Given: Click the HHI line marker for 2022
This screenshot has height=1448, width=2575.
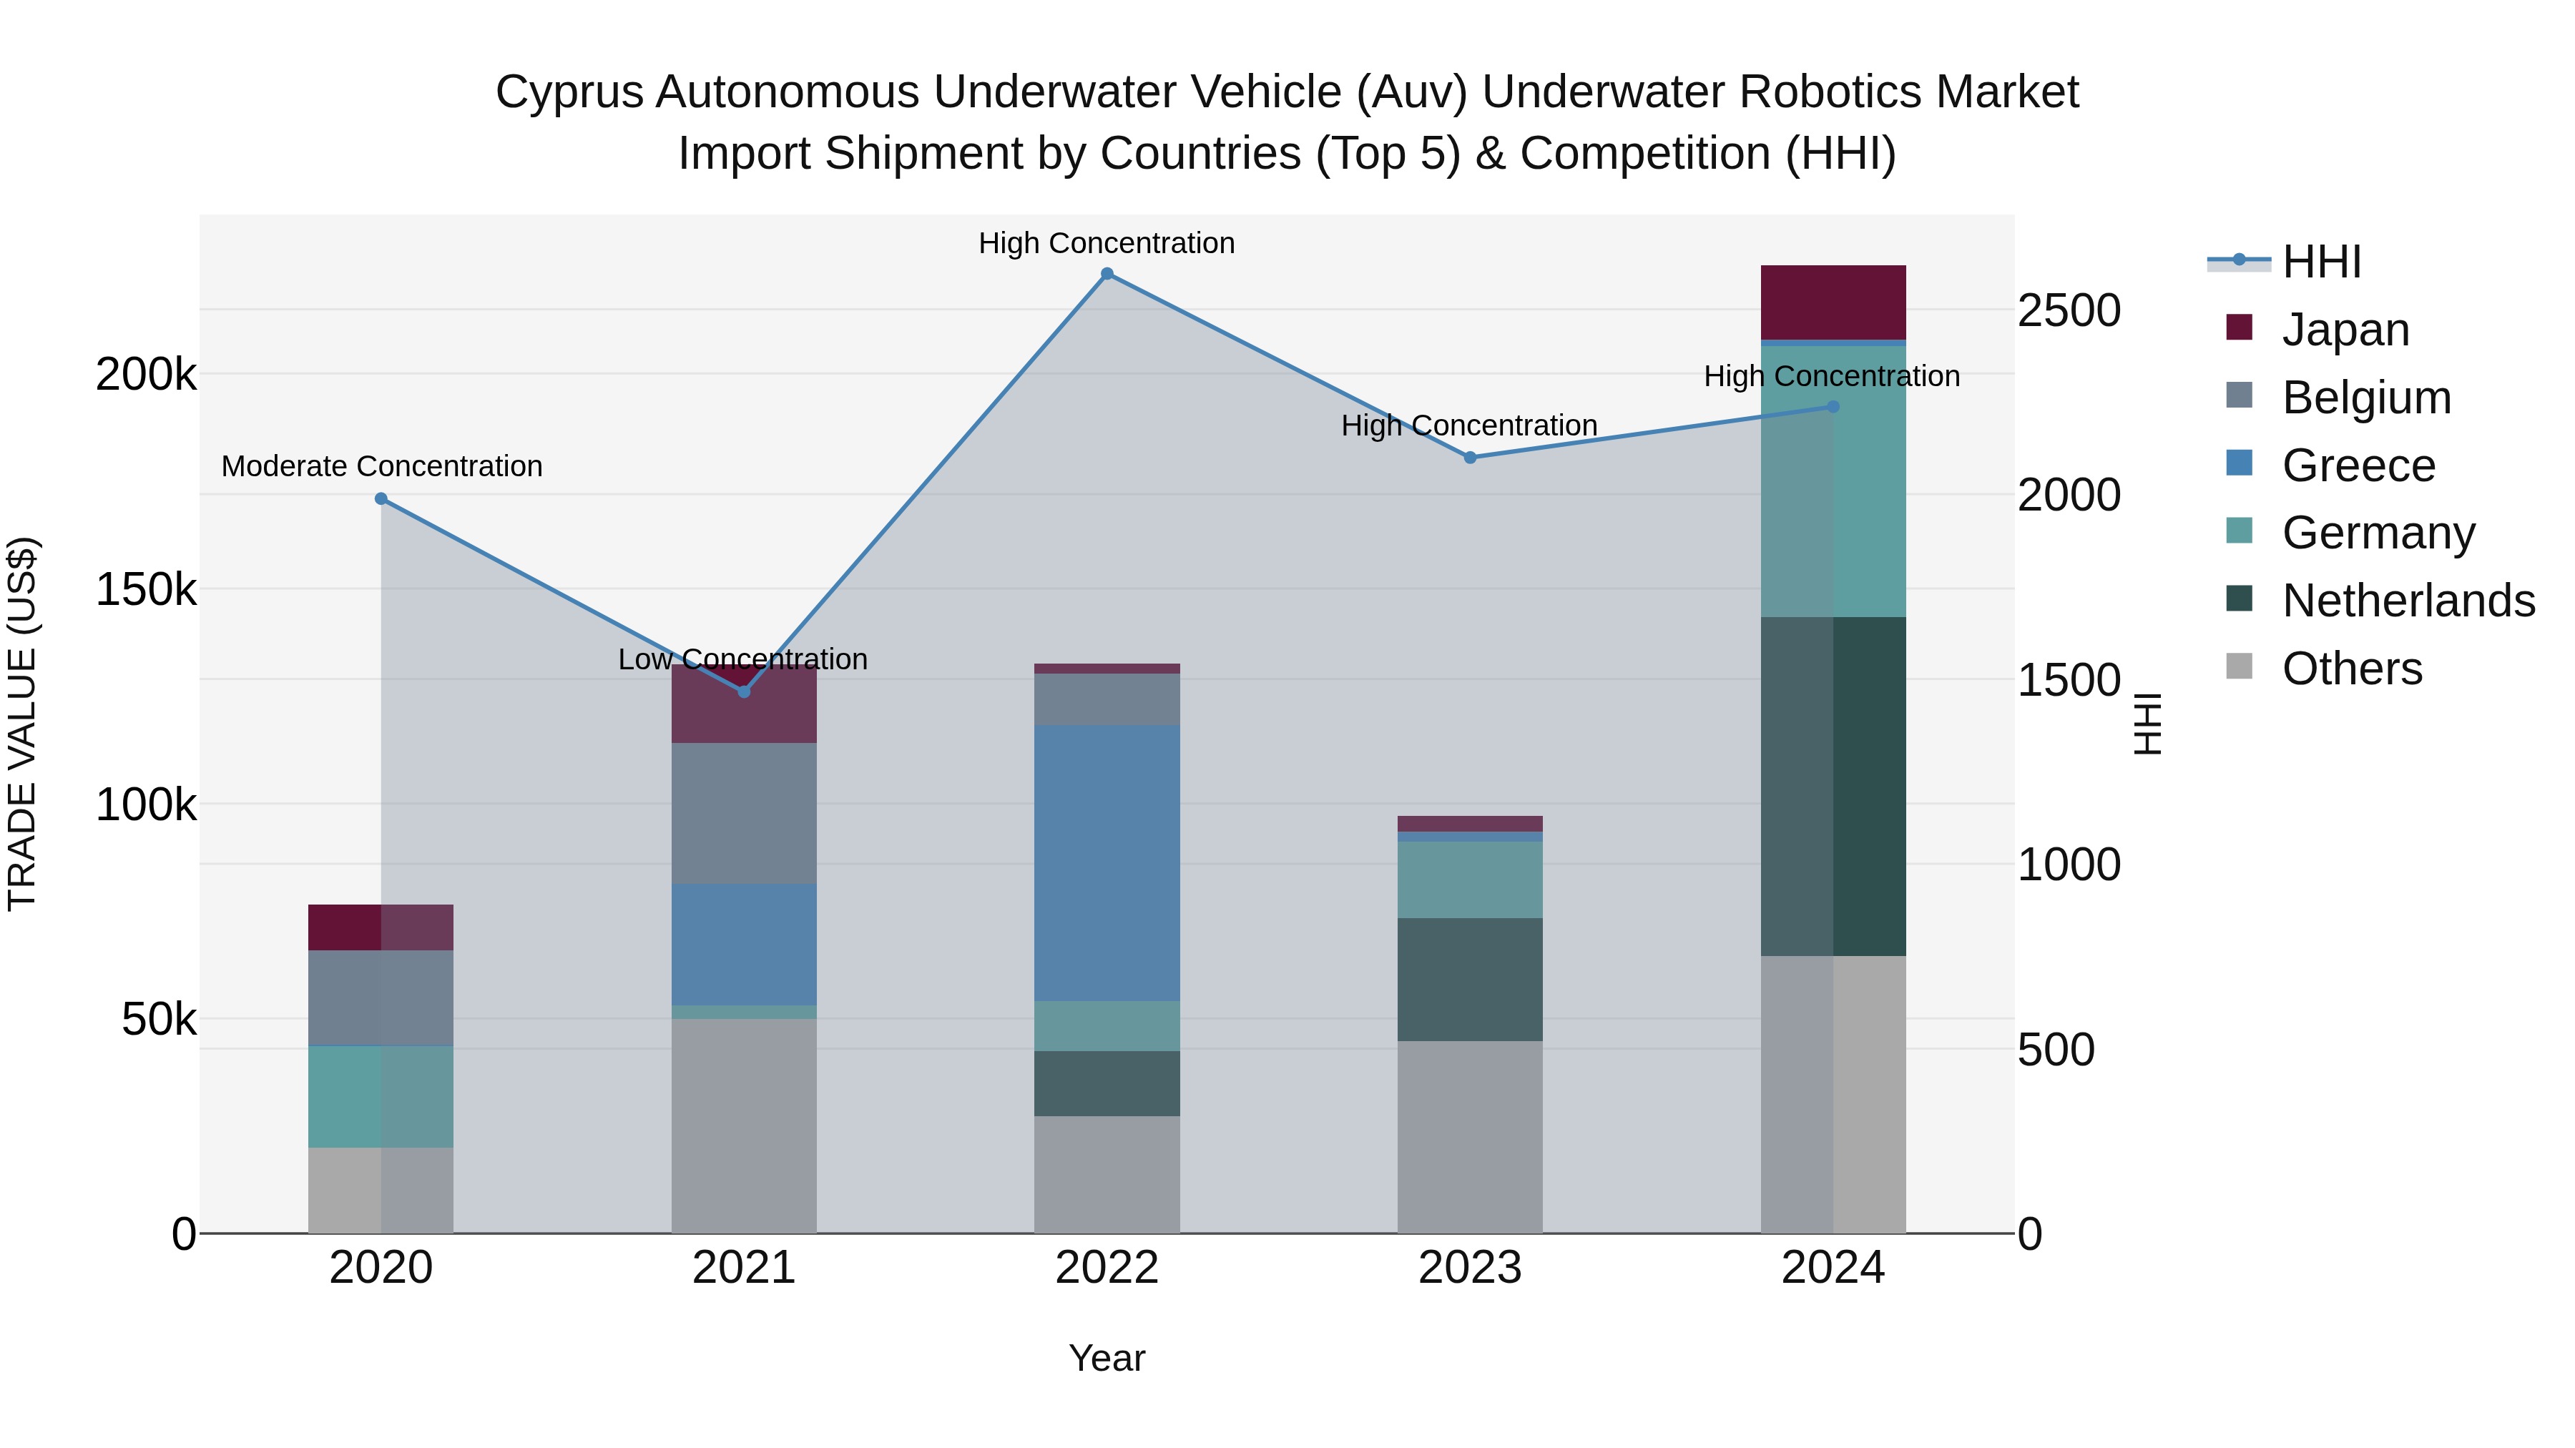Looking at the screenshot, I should [1107, 274].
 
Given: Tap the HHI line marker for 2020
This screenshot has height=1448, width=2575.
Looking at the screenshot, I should [381, 498].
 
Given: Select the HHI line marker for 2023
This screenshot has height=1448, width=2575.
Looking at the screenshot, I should [1469, 458].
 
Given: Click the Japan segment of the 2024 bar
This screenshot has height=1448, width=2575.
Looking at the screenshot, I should [1833, 302].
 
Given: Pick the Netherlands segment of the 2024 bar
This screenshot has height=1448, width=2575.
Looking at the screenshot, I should [1833, 787].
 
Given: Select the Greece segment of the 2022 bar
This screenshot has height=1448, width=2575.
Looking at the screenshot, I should [1107, 862].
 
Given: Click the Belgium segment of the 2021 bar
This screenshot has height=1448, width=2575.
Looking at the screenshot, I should [744, 814].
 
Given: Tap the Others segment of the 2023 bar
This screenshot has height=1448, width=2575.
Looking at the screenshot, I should [1469, 1136].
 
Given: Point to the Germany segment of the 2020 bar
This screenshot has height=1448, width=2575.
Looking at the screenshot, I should [381, 1096].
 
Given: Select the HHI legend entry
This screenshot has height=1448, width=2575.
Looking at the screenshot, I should [2320, 262].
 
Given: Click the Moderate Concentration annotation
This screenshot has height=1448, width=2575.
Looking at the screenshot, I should [382, 467].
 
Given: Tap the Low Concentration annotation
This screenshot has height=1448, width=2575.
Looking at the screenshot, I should [742, 659].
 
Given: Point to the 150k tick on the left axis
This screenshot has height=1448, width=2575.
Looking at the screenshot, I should [146, 590].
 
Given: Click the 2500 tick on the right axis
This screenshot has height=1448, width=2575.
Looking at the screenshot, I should [2068, 311].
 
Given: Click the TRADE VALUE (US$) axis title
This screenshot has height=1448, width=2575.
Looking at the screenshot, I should [22, 724].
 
